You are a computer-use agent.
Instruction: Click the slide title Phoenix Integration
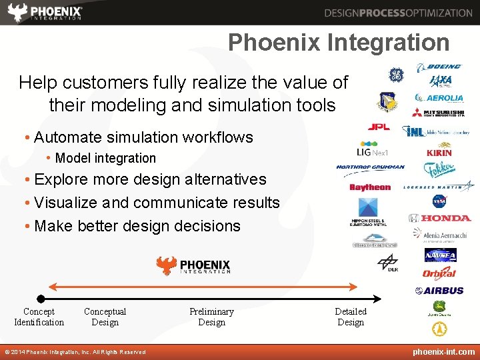(339, 43)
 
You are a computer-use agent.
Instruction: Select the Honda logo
(439, 218)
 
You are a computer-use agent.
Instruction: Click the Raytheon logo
(370, 187)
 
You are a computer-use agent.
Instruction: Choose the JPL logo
(379, 127)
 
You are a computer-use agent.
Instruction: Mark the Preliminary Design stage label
(211, 317)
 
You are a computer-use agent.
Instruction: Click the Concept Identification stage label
(39, 317)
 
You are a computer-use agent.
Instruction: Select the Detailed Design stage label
(351, 317)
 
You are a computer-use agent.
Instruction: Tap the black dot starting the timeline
(41, 299)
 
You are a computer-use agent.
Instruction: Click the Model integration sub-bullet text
(105, 159)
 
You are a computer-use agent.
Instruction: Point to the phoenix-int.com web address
(443, 352)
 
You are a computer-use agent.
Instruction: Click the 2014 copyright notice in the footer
(75, 352)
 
